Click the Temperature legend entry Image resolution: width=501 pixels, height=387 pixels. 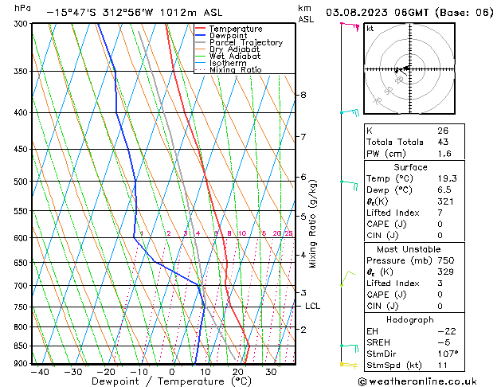pos(236,28)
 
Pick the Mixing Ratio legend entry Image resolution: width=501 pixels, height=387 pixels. pos(235,70)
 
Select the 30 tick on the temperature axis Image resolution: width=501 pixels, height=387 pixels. pos(271,371)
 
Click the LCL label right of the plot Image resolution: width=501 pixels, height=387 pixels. pos(313,306)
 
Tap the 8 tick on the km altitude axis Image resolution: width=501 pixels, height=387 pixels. pos(303,95)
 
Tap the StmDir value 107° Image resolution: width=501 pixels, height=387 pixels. pos(447,354)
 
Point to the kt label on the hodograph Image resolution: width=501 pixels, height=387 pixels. pos(370,29)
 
